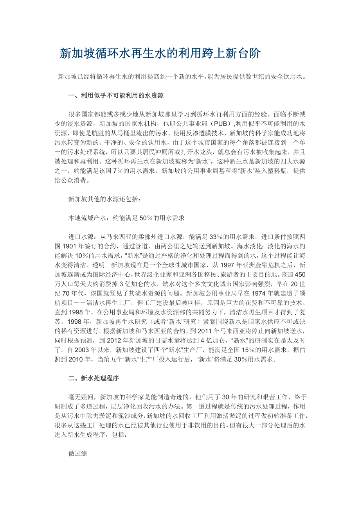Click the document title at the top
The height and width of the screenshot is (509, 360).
point(160,54)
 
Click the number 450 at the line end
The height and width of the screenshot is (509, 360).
point(299,274)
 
